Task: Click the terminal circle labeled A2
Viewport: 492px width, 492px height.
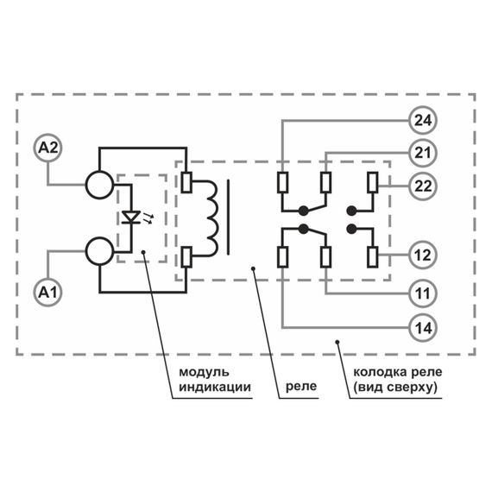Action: (48, 148)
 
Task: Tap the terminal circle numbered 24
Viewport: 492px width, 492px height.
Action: (423, 120)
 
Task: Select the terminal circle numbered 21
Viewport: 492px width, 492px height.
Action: (423, 153)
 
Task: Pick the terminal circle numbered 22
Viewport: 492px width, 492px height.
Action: (423, 186)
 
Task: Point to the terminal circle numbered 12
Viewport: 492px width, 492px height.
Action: (423, 256)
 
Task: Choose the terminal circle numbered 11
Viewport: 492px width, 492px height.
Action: (423, 293)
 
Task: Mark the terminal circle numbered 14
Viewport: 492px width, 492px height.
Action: (423, 327)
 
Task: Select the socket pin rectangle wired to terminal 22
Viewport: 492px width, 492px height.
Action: (373, 183)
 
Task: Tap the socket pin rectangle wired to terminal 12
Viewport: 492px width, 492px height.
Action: (373, 256)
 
